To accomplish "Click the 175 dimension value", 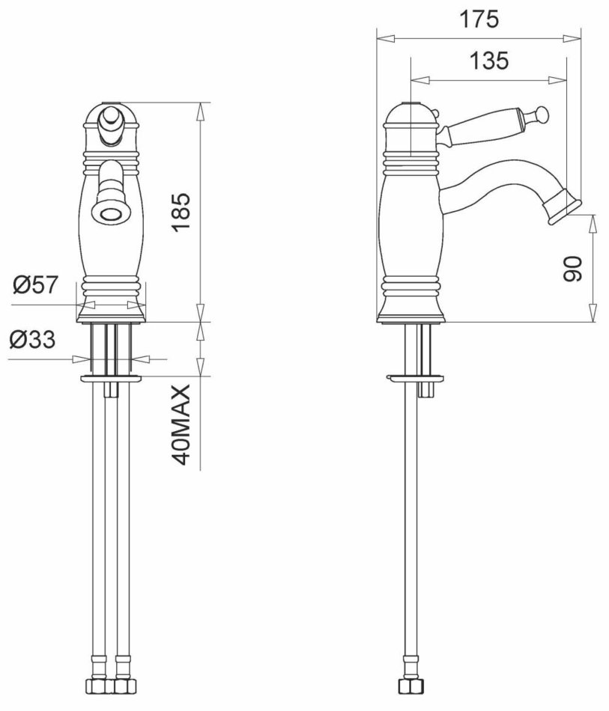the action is pos(479,19).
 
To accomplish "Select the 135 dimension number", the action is pos(488,61).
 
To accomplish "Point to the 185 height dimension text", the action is pos(181,212).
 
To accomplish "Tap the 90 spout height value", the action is pos(572,269).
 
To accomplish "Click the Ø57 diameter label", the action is pos(36,284).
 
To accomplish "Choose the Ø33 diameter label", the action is pos(32,339).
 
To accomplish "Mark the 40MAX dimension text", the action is pos(181,425).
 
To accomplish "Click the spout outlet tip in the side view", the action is pos(566,208).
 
